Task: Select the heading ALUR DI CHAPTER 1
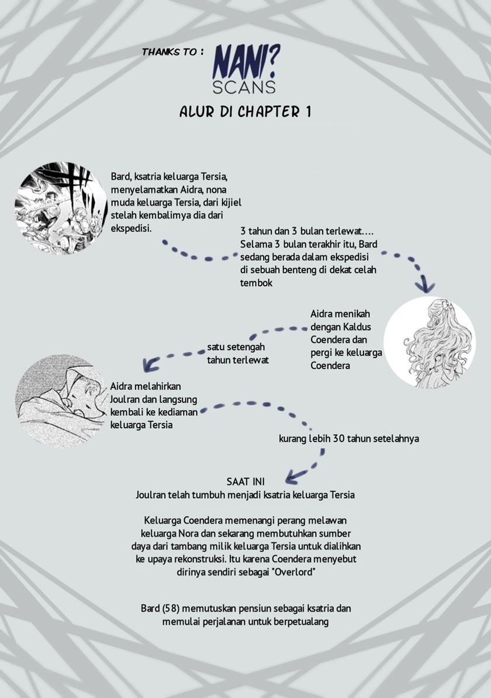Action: tap(245, 113)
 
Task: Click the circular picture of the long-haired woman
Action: tap(429, 342)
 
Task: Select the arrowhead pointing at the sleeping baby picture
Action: tap(150, 364)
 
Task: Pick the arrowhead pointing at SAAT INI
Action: tap(296, 476)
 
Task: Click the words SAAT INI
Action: tap(245, 482)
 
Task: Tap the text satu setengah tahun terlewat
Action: tap(238, 353)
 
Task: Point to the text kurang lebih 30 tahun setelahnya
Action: tap(349, 439)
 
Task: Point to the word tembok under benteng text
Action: tap(256, 283)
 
